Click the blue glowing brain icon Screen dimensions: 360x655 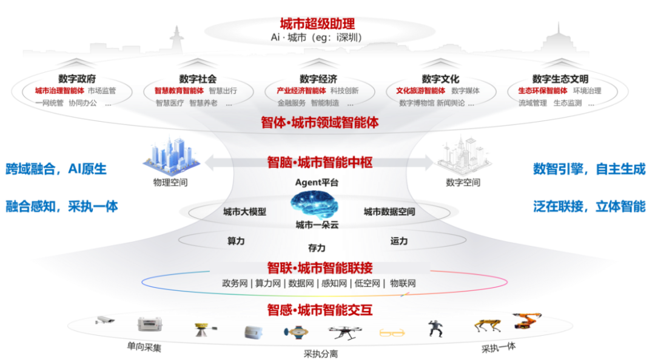[313, 204]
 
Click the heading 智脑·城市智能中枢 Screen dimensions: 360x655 [320, 162]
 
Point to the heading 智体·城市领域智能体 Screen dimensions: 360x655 [320, 122]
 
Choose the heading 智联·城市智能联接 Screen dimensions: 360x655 [320, 268]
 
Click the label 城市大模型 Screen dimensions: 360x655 [244, 212]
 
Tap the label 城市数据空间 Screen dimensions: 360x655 [389, 212]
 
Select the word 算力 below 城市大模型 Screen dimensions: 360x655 [235, 241]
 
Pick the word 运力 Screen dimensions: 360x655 [398, 241]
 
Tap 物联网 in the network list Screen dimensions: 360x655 [403, 283]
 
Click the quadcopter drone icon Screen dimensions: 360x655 [346, 332]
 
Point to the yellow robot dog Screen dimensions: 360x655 [488, 327]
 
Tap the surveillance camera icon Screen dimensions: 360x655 [106, 320]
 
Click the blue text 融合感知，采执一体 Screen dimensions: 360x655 [61, 206]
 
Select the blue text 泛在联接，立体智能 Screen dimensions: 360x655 [589, 206]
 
